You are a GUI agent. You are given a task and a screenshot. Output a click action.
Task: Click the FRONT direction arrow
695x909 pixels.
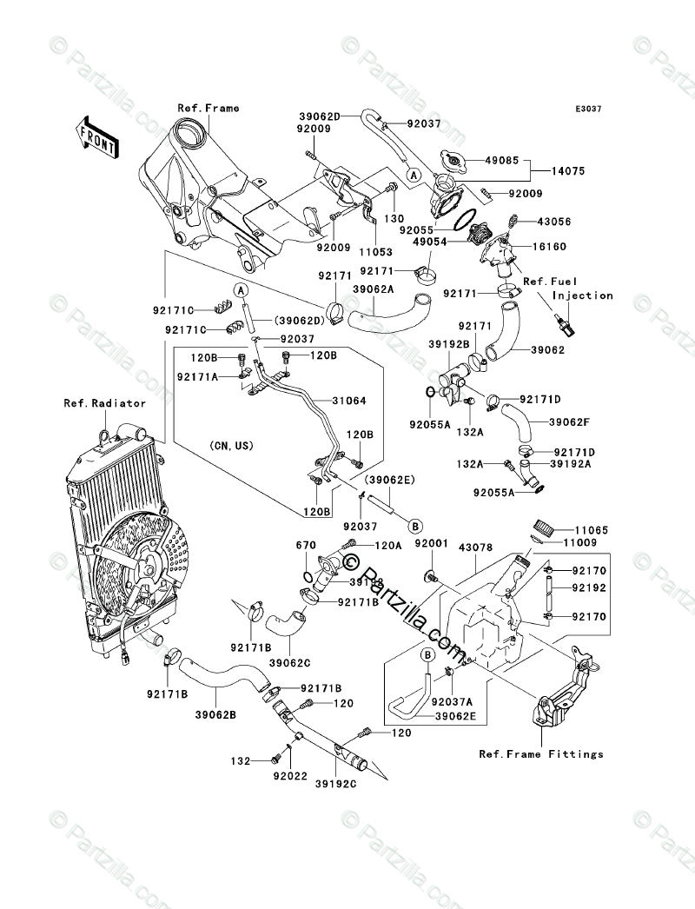coord(98,135)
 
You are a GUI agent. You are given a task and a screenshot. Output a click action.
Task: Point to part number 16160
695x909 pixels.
coord(548,247)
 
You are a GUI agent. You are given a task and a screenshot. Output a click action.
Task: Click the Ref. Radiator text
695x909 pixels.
coord(104,403)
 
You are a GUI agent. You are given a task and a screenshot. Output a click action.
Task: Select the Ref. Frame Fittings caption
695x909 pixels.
coord(540,754)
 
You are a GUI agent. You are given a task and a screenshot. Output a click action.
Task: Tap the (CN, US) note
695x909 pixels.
coord(231,445)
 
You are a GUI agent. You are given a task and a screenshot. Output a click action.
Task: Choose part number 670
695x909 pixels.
coord(304,545)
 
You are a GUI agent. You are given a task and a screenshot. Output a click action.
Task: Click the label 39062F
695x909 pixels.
coord(569,422)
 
